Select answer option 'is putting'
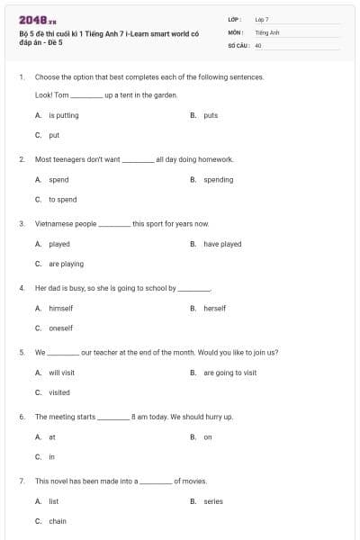[x=63, y=115]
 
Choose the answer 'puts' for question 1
[x=211, y=115]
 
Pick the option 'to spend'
[x=62, y=200]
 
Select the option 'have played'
[x=222, y=244]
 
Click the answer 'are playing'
[x=66, y=264]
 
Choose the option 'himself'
[x=60, y=309]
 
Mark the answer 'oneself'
[x=60, y=328]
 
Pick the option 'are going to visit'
[x=229, y=373]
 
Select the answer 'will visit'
[x=61, y=373]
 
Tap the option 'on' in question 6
[x=207, y=437]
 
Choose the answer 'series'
[x=213, y=501]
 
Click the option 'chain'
[x=58, y=521]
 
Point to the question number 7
[x=21, y=481]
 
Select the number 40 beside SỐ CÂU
[x=258, y=45]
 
